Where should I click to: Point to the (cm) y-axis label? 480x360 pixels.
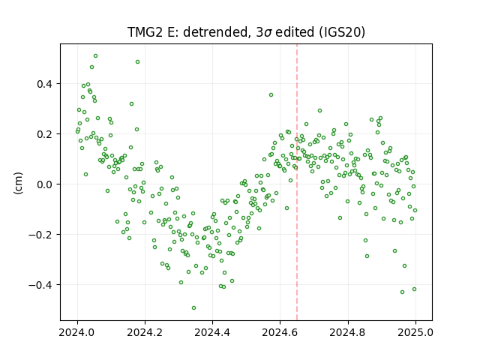[18, 183]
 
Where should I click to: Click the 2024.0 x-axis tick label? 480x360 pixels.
[77, 332]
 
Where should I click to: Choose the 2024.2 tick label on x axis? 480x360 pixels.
[145, 332]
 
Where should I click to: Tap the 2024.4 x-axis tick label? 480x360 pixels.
[212, 332]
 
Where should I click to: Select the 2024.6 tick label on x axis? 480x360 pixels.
[280, 332]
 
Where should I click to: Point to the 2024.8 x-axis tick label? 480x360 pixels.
[348, 332]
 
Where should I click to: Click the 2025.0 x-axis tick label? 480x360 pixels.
[415, 332]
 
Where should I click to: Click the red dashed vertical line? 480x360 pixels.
[297, 182]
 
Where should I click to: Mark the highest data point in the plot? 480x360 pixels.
[95, 56]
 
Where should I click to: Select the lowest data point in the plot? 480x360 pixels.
[193, 308]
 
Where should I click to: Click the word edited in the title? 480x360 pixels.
[295, 32]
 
